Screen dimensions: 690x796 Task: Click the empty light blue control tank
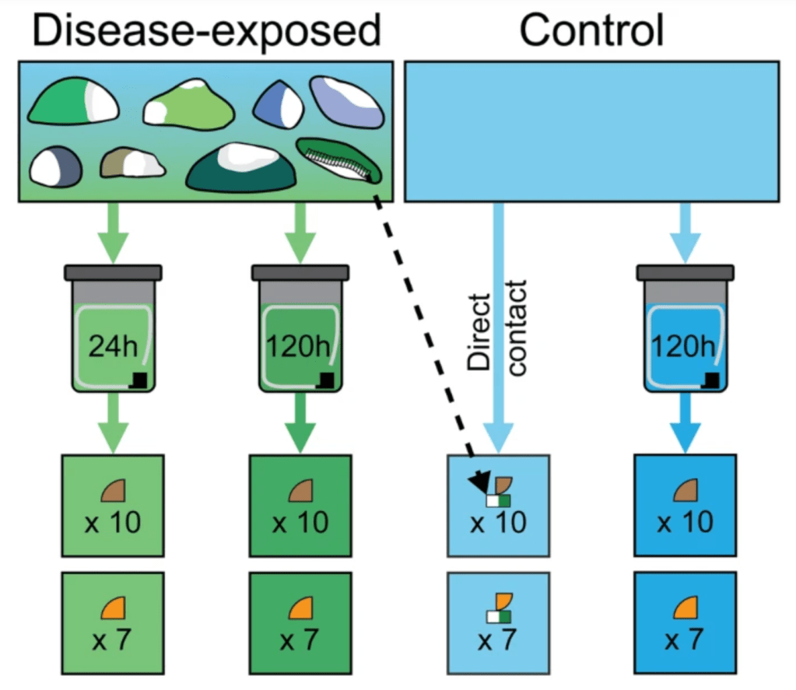pos(591,132)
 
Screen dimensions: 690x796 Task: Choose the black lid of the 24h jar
pos(113,272)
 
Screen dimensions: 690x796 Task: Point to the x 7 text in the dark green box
pos(300,640)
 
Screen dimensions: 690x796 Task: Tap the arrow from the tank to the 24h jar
pos(113,230)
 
